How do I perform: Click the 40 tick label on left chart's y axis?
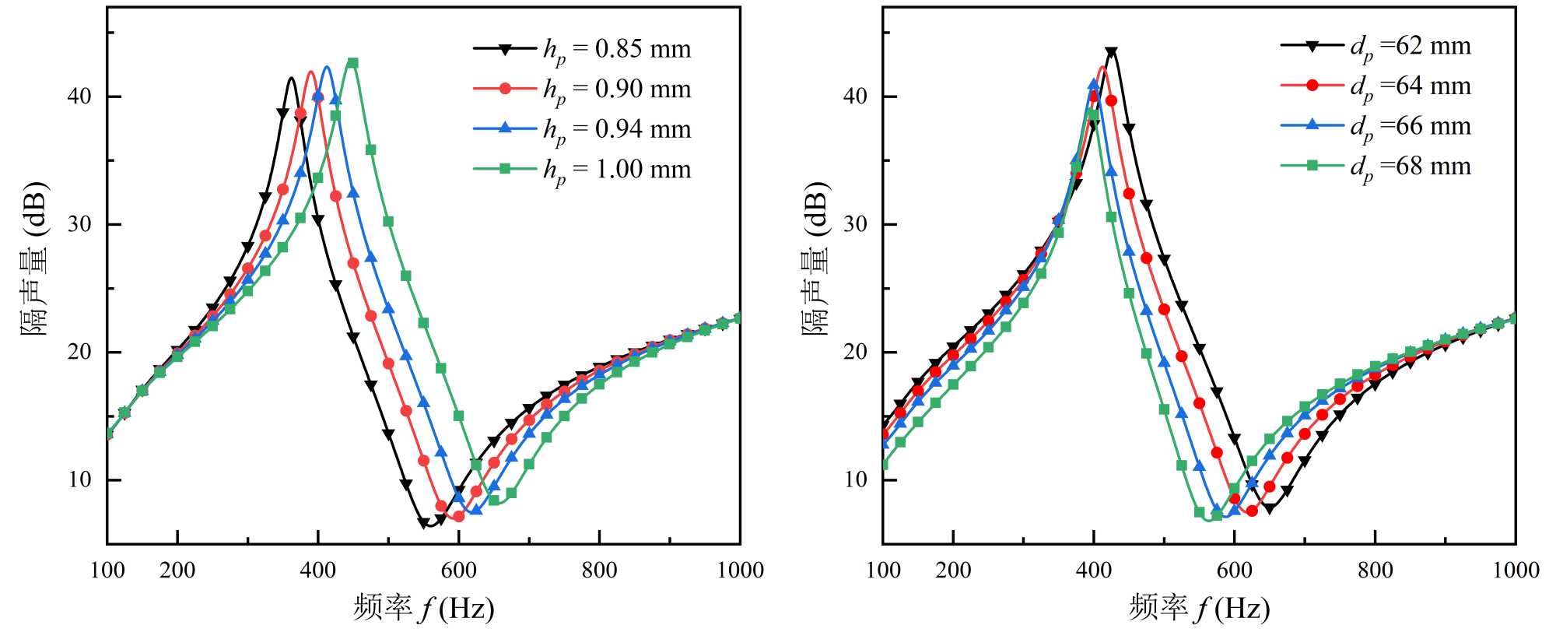[x=79, y=97]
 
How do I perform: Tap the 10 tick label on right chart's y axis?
[x=855, y=479]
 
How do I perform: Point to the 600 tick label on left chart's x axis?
[x=459, y=571]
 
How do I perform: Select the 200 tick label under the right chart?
[x=953, y=571]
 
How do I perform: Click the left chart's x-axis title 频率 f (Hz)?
[x=423, y=608]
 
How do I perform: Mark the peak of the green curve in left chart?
[x=352, y=61]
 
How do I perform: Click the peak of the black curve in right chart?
[x=1111, y=51]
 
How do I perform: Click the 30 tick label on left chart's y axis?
[x=79, y=224]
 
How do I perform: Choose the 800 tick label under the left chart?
[x=599, y=571]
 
